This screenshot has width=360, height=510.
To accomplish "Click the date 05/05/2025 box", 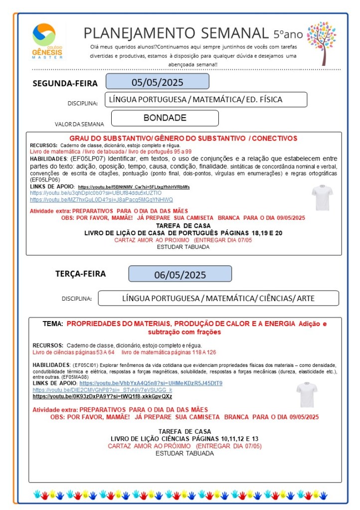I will click(157, 82).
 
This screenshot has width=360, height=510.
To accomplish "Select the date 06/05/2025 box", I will click(180, 275).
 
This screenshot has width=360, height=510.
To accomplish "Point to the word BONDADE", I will click(165, 118).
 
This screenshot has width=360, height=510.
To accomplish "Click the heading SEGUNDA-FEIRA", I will click(65, 83).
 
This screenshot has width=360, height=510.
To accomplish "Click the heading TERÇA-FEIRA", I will click(80, 274).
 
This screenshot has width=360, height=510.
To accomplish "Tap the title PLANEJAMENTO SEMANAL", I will click(176, 33).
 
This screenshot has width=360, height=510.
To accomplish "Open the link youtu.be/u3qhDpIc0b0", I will click(96, 192).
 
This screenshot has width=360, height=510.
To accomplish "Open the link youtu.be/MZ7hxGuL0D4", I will click(101, 199).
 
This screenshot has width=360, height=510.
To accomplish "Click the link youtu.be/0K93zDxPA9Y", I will click(102, 396).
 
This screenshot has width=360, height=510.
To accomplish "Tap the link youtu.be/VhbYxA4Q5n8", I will click(151, 383).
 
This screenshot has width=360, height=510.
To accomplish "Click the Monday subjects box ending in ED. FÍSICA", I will click(205, 100).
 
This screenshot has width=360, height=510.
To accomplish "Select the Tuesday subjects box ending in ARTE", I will click(218, 298).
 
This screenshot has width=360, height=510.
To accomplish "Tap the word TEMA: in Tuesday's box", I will click(52, 324).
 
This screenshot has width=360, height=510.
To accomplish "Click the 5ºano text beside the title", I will click(288, 34).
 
